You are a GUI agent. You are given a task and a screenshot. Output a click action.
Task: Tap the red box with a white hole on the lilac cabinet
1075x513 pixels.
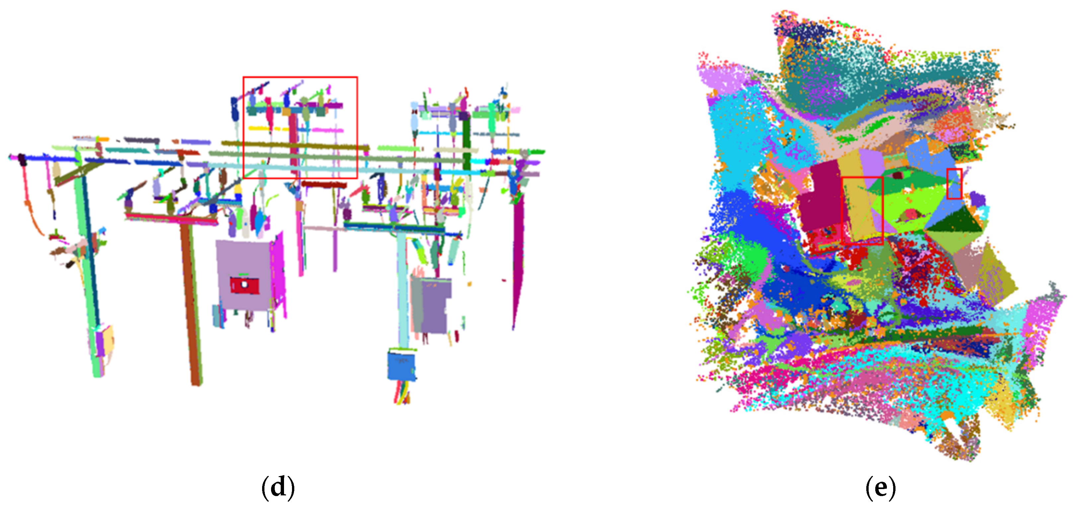pos(244,285)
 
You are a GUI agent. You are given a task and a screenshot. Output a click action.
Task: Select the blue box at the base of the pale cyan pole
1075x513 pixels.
pos(401,366)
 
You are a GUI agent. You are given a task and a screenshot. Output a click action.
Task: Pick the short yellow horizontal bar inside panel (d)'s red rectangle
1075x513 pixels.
pos(264,129)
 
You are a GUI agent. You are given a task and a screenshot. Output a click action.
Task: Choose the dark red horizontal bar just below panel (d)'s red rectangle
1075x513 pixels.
pos(324,184)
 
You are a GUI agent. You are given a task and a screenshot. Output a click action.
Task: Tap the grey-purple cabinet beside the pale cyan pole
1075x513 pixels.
pos(434,305)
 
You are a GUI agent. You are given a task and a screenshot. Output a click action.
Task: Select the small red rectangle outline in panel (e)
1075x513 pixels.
pos(954,184)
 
